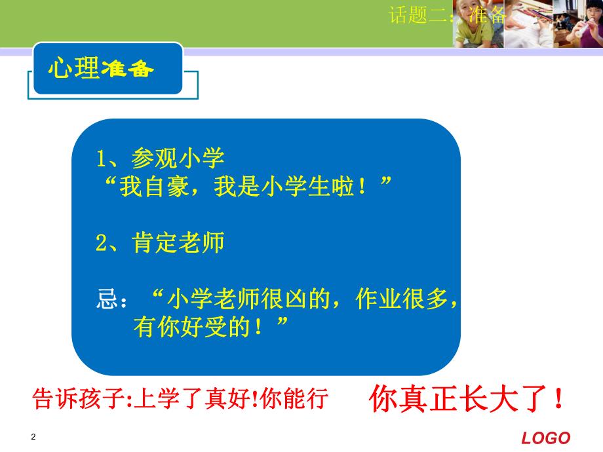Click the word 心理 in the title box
click(74, 69)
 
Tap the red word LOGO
click(546, 438)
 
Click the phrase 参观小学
click(178, 158)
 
